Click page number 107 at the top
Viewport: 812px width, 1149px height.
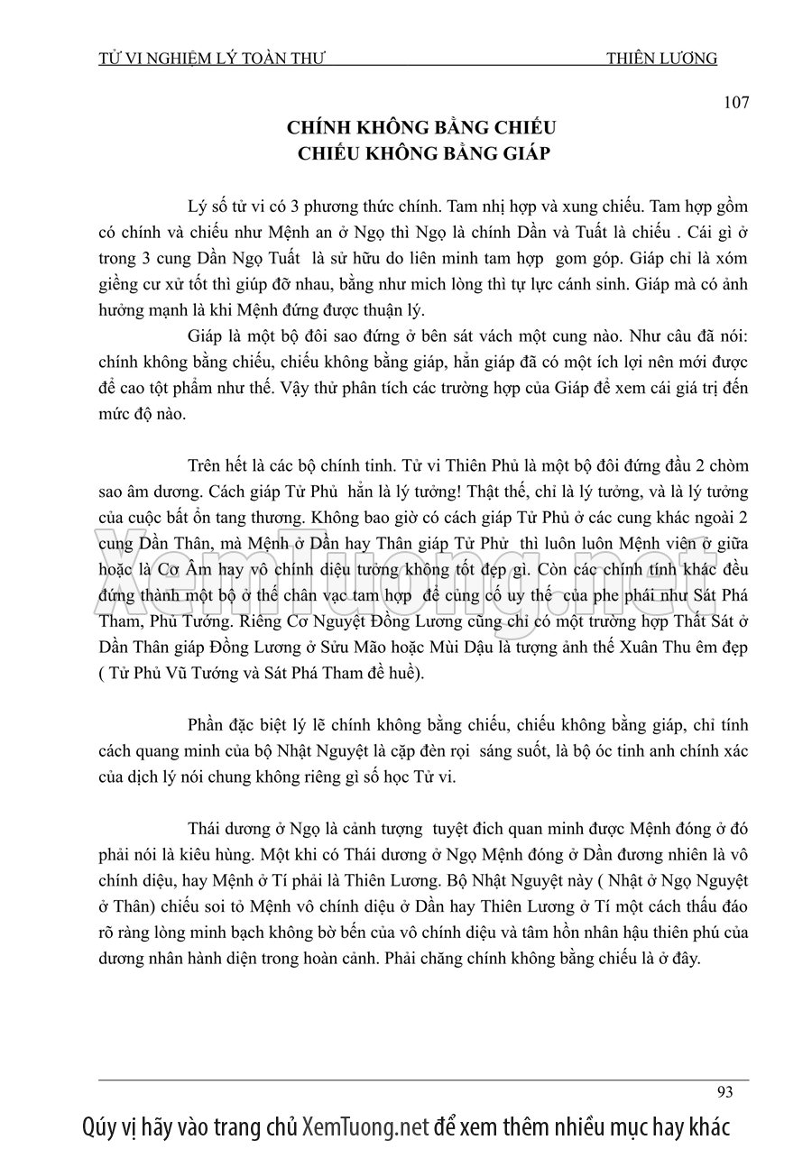click(736, 102)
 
